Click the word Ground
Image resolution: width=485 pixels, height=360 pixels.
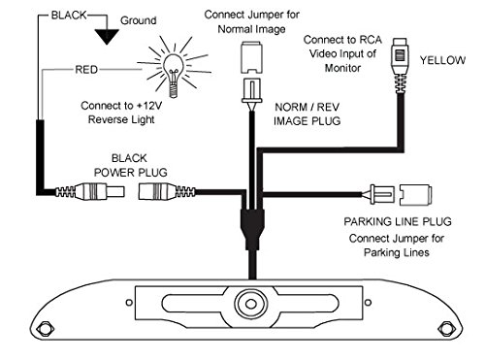tap(138, 19)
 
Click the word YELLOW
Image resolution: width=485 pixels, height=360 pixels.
tap(446, 58)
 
